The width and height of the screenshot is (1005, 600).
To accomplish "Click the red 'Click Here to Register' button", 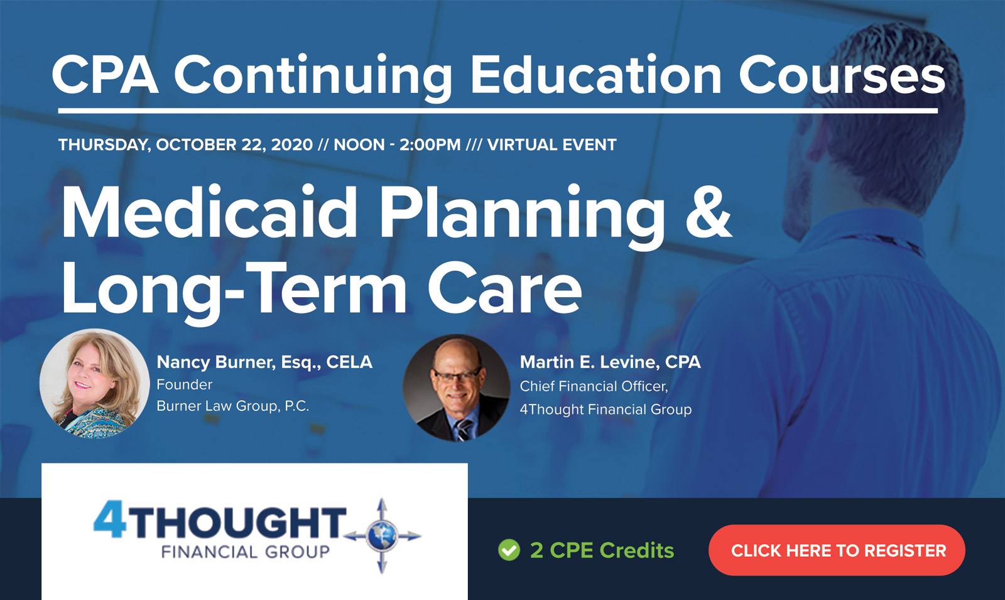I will click(x=837, y=550).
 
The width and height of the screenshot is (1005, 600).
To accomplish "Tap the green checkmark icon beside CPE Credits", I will click(x=509, y=550).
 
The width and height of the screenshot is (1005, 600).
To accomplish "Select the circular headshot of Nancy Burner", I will click(x=94, y=383).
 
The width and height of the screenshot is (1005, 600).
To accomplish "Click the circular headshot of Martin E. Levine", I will click(x=457, y=388).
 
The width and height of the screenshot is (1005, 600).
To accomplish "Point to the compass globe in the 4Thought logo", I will click(x=382, y=536).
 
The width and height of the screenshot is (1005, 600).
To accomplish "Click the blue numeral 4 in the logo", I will click(x=111, y=521).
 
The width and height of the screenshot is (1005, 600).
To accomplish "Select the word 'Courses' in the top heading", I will click(x=842, y=75).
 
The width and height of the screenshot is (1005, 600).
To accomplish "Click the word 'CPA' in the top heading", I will click(x=104, y=75).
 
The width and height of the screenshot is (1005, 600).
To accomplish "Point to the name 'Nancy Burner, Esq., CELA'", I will click(x=264, y=362).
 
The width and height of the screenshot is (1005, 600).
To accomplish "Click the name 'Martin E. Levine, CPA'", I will click(x=610, y=362).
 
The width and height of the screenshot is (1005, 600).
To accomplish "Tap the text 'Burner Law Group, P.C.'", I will click(x=232, y=406).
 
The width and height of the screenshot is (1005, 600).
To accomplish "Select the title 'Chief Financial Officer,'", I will click(x=594, y=386).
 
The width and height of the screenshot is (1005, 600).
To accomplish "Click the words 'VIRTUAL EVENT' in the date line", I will click(x=551, y=145).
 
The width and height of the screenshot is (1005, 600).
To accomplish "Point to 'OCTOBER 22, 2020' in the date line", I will click(x=234, y=145).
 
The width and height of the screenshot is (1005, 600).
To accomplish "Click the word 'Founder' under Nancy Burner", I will click(x=184, y=384).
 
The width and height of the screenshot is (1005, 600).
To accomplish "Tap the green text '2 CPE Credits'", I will click(x=602, y=550).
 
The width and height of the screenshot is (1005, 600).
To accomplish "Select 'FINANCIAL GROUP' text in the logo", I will click(x=245, y=552).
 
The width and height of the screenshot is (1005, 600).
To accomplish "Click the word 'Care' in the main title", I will click(x=504, y=288).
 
